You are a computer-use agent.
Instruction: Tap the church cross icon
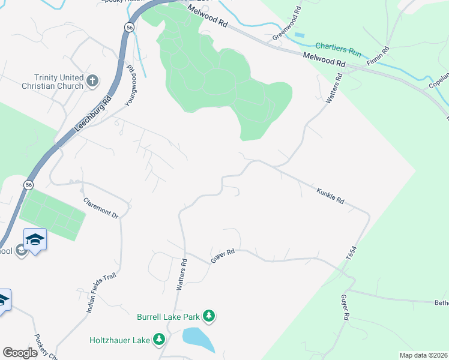pyautogui.click(x=92, y=80)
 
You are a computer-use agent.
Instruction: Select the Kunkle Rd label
pyautogui.click(x=330, y=196)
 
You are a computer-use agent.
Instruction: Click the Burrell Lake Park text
pyautogui.click(x=168, y=316)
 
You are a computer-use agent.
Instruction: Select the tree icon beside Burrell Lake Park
pyautogui.click(x=209, y=316)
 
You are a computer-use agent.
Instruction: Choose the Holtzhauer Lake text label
pyautogui.click(x=119, y=340)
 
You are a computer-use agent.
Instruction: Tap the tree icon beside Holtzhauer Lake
pyautogui.click(x=159, y=340)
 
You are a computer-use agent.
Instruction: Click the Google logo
pyautogui.click(x=20, y=353)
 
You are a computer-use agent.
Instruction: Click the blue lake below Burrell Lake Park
pyautogui.click(x=198, y=340)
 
